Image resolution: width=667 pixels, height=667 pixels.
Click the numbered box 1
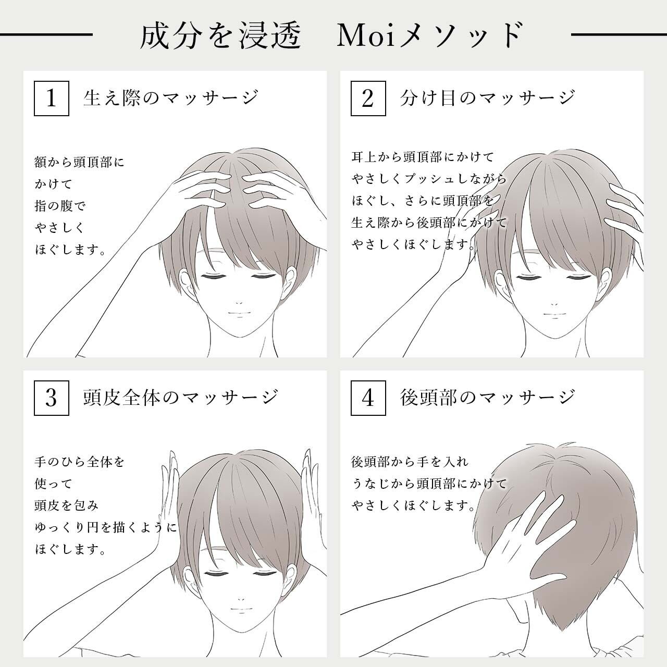pos(51,97)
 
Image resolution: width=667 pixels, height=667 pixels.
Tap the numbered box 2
pos(368,97)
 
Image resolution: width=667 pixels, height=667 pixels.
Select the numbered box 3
pos(51,398)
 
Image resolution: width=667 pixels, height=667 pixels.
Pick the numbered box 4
pos(368,398)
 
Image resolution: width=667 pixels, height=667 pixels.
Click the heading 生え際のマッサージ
pos(171,97)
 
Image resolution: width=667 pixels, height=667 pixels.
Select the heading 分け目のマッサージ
pos(488,97)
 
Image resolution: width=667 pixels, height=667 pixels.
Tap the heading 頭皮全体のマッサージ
pos(181,398)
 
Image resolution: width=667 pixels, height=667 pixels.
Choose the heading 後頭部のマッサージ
pos(488,398)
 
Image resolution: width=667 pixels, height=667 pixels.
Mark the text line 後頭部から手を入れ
pos(410,462)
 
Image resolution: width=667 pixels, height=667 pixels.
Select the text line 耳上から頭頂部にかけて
pos(423,157)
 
